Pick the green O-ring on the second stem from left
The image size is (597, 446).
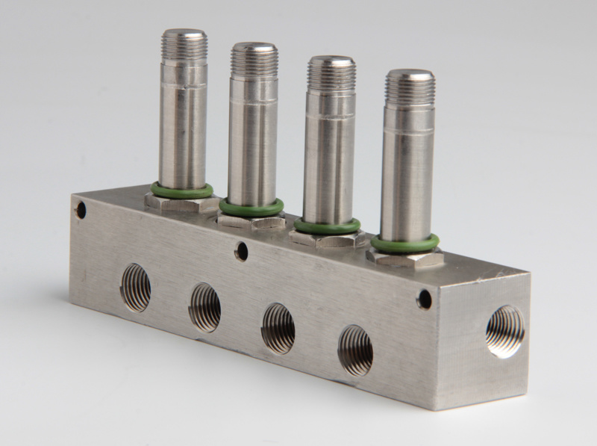[x=251, y=207]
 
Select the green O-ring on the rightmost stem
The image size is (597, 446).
[x=404, y=243]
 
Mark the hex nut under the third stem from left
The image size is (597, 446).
[x=328, y=239]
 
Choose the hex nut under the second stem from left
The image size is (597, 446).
[x=251, y=220]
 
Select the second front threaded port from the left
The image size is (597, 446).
[x=204, y=307]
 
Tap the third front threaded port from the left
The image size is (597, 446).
[x=278, y=328]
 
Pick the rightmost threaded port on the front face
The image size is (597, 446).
[x=355, y=350]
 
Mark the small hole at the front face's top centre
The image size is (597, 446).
[x=241, y=251]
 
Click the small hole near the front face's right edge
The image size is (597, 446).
[x=425, y=300]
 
